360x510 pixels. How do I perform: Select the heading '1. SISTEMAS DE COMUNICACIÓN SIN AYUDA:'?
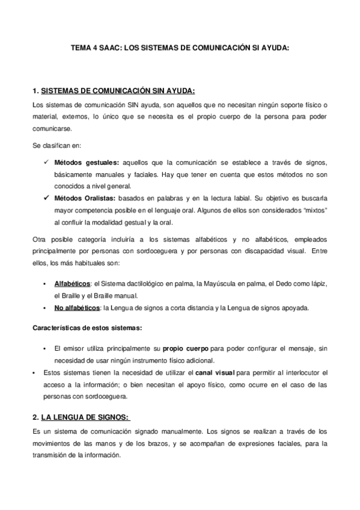pyautogui.click(x=114, y=91)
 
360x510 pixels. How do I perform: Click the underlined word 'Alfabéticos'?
pyautogui.click(x=71, y=283)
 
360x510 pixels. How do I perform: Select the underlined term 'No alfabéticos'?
pyautogui.click(x=77, y=307)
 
